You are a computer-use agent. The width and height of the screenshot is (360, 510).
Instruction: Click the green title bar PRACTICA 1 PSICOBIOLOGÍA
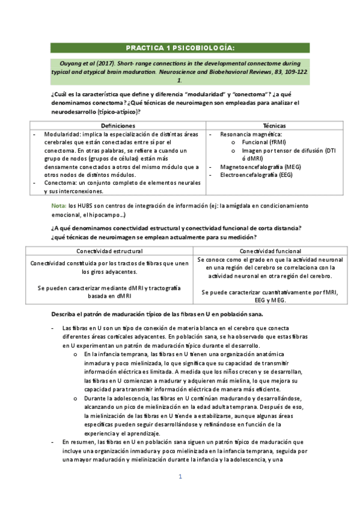(x=180, y=48)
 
